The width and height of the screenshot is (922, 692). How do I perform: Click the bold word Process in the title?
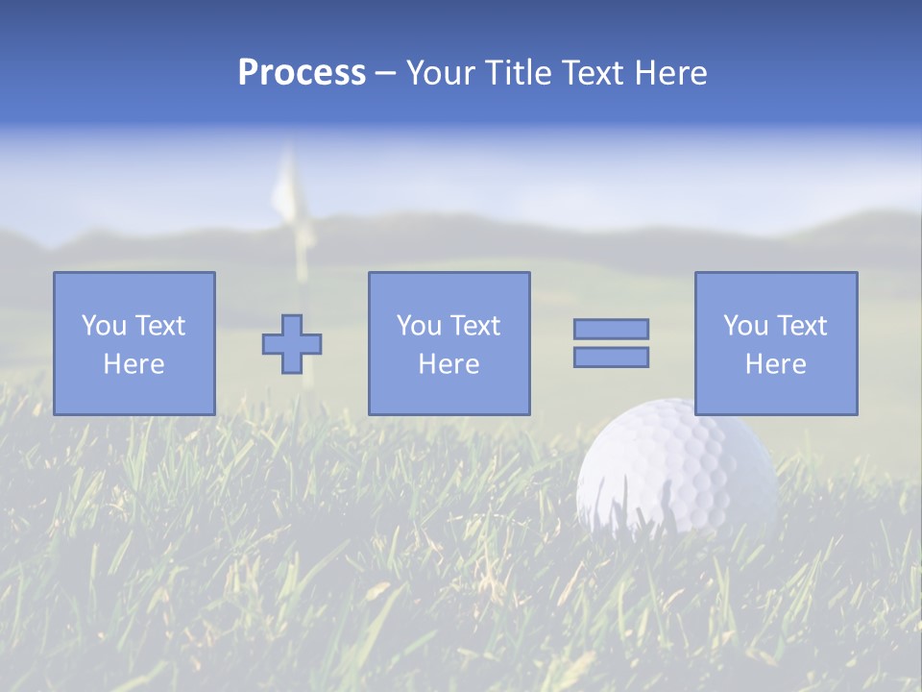[302, 73]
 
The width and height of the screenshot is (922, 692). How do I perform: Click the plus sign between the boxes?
[292, 344]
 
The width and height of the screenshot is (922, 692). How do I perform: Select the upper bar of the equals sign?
[611, 329]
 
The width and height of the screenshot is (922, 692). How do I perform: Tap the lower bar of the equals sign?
[611, 358]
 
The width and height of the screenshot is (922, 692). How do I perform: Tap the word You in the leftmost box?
[103, 326]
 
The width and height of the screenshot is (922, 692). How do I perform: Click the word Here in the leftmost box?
[133, 364]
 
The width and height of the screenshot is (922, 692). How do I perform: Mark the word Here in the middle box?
[449, 364]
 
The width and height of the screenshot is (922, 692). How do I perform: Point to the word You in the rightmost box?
[745, 326]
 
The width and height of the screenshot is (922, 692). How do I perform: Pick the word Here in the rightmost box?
[775, 364]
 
